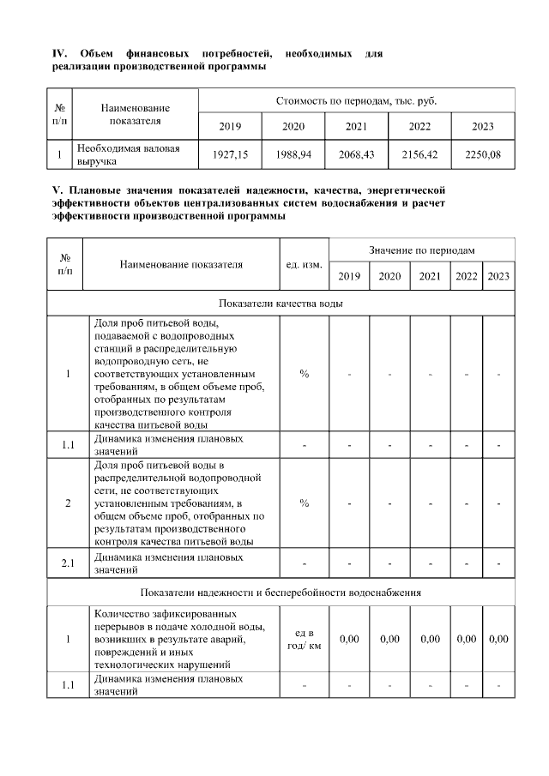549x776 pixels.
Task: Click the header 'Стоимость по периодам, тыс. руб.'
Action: [x=356, y=101]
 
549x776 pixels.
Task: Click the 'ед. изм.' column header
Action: [x=304, y=264]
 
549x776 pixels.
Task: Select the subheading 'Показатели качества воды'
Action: [x=281, y=304]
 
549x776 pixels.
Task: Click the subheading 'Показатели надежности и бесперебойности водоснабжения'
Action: [x=281, y=593]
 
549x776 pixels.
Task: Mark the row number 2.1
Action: [x=68, y=562]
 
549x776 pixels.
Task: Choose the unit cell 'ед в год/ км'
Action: [x=304, y=639]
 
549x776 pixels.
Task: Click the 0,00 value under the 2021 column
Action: [x=431, y=639]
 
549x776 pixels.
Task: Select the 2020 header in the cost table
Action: [x=293, y=127]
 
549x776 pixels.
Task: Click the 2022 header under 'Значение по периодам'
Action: [x=467, y=276]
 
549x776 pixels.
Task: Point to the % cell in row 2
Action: [x=304, y=502]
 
